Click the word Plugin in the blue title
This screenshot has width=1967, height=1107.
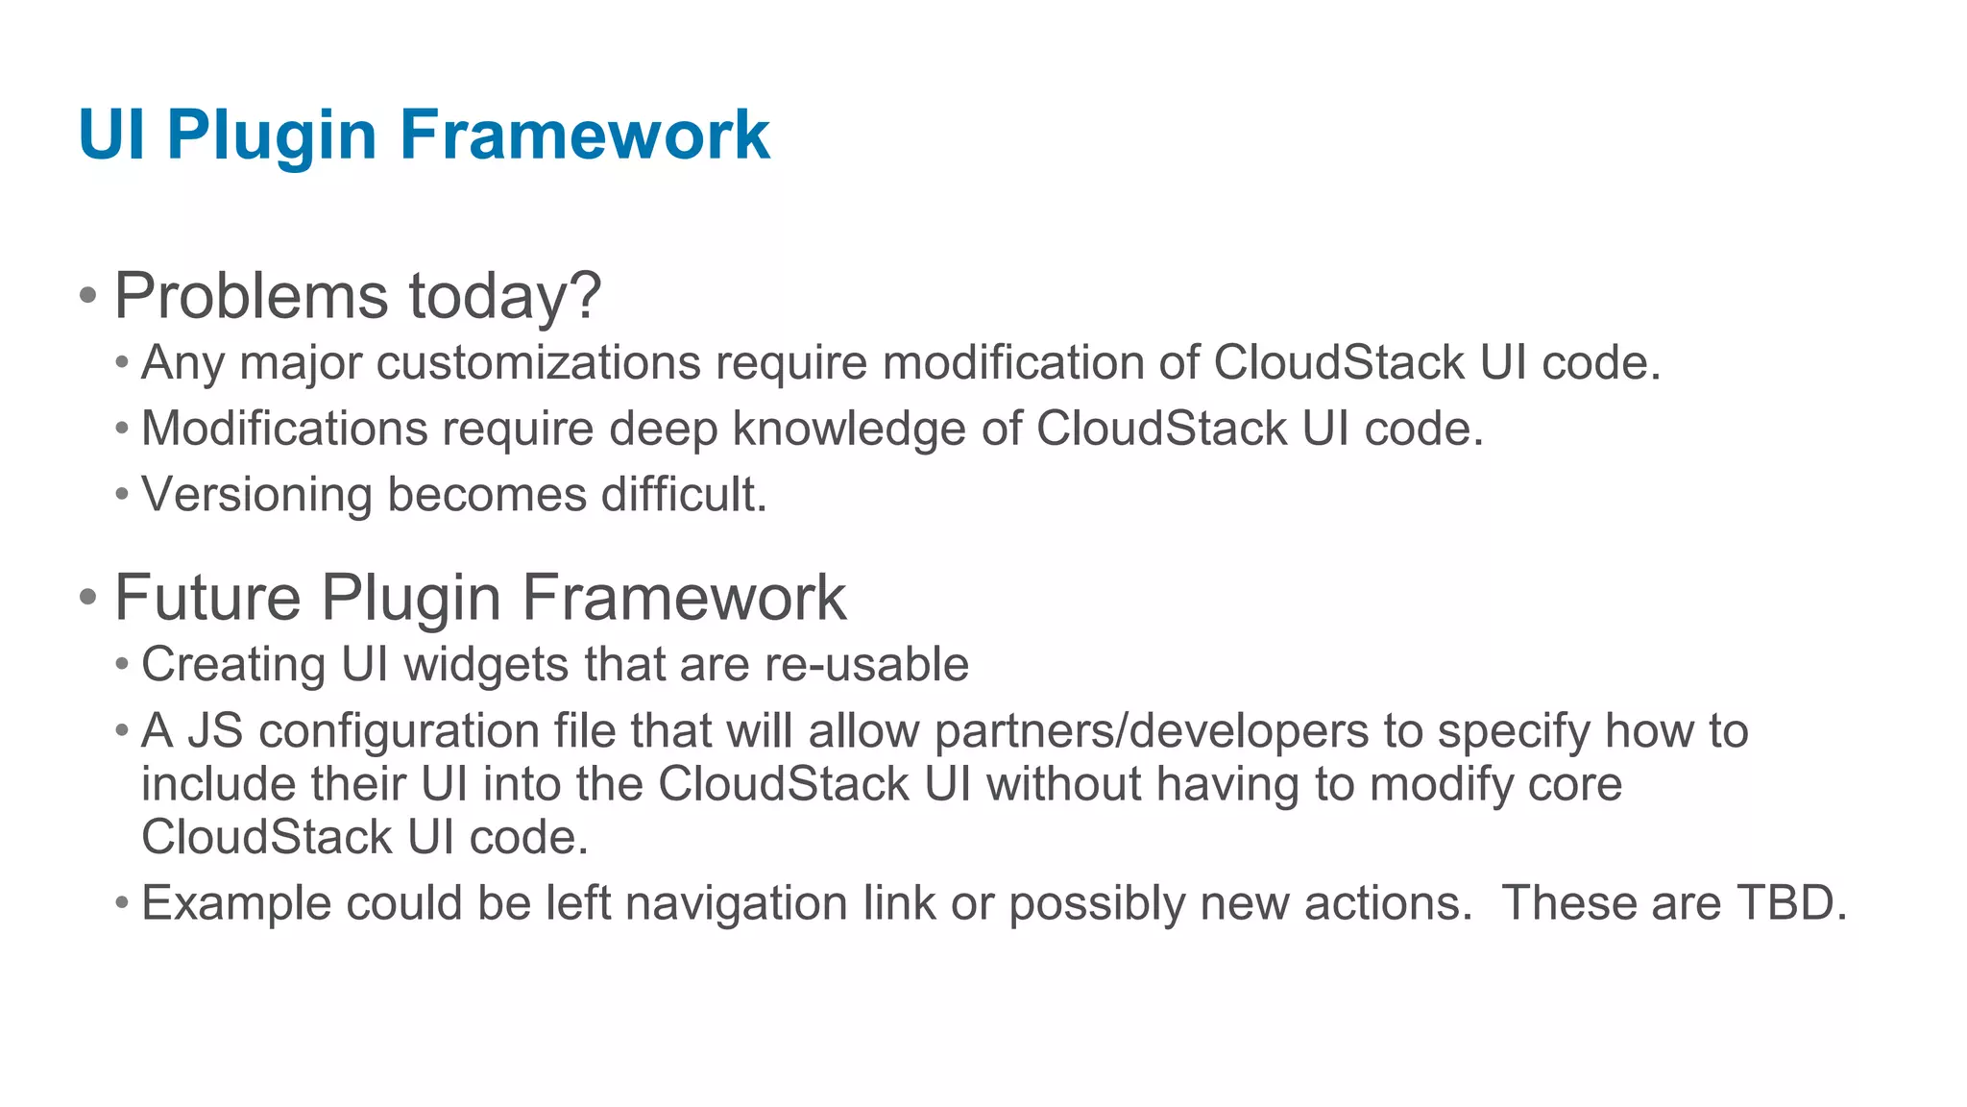[x=272, y=136]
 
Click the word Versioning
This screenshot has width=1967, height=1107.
[x=256, y=495]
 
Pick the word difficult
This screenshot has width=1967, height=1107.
[x=684, y=494]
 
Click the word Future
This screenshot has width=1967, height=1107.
[x=207, y=598]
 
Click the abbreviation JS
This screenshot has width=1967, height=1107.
[x=215, y=731]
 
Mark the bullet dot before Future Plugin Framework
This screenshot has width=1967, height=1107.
[x=88, y=598]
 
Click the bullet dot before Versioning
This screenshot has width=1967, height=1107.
[x=121, y=495]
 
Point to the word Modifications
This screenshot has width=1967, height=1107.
[x=284, y=429]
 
